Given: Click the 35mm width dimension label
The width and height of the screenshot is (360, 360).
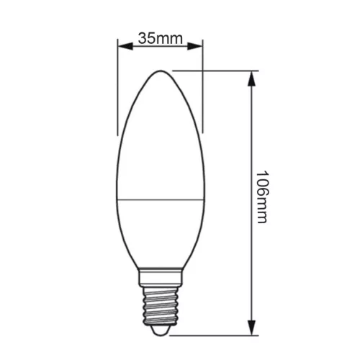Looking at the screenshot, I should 161,38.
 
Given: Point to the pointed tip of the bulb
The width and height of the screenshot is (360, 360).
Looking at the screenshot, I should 160,72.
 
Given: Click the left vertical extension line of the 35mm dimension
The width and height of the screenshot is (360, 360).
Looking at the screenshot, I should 118,86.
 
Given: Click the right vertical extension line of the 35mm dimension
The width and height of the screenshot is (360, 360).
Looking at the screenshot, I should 203,86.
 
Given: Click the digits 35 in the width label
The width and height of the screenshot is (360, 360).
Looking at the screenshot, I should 147,38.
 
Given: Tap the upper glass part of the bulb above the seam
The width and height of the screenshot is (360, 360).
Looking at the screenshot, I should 160,137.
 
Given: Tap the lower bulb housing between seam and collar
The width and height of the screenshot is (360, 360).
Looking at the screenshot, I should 160,230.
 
